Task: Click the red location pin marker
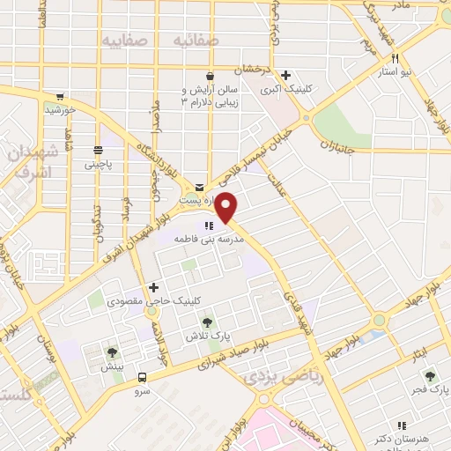(x=226, y=207)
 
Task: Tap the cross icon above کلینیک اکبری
(x=285, y=75)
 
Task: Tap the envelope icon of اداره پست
(x=199, y=187)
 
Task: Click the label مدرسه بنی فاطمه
(x=208, y=239)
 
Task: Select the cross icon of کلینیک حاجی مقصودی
(x=153, y=287)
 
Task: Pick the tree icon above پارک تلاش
(x=207, y=322)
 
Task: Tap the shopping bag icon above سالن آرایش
(x=210, y=75)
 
